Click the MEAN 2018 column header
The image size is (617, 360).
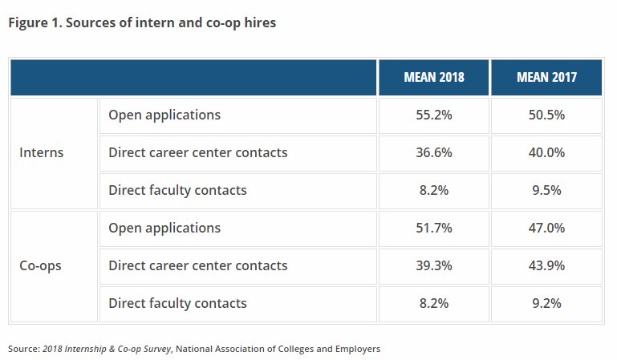click(x=433, y=78)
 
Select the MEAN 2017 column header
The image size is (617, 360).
click(x=546, y=78)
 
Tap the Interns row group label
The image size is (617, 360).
click(x=41, y=152)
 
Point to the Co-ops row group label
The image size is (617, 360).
click(x=40, y=265)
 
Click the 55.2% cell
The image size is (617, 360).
click(x=433, y=115)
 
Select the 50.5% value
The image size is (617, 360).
click(x=546, y=115)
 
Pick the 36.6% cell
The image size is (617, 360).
click(x=433, y=152)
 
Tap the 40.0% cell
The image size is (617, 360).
click(x=546, y=152)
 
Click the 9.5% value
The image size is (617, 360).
click(x=546, y=190)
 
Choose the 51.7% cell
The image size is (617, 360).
click(x=433, y=229)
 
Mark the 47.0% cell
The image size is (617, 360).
click(x=546, y=229)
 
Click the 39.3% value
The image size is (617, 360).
click(x=433, y=265)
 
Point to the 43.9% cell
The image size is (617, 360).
click(x=546, y=265)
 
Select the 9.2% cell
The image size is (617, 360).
click(x=546, y=303)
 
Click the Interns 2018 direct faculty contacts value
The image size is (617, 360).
click(x=433, y=190)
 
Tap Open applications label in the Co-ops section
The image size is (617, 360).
click(x=164, y=229)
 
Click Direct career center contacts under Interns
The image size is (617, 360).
click(x=197, y=152)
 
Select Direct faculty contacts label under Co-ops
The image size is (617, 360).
click(x=177, y=303)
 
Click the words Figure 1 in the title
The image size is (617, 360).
click(x=33, y=23)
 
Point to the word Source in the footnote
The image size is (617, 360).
click(x=22, y=349)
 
